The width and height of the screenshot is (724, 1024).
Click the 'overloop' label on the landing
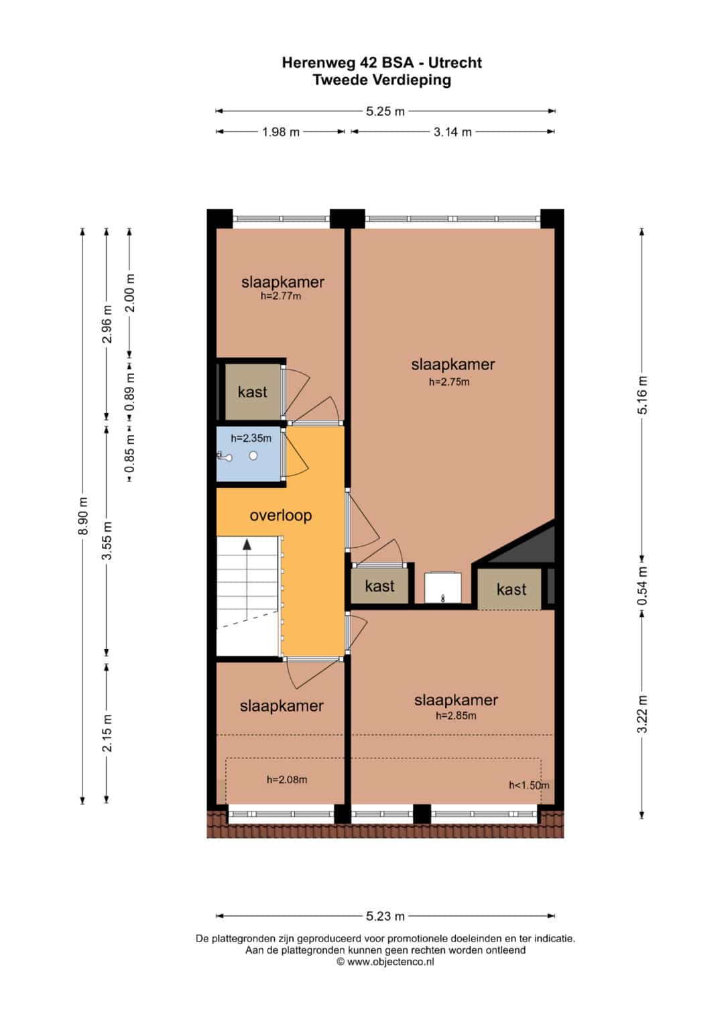281,516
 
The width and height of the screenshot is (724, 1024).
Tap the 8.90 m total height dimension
82,516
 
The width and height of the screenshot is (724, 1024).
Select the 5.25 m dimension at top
385,111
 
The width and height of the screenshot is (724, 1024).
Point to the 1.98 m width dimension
281,132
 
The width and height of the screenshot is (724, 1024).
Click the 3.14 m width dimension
452,132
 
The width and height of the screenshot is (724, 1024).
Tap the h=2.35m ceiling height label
251,439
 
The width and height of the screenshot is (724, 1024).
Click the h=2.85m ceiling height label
456,716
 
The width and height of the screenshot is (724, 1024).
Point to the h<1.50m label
530,785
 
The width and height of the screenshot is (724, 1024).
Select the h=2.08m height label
287,779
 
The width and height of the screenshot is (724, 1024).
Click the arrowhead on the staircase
247,544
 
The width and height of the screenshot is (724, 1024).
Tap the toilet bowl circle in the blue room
253,456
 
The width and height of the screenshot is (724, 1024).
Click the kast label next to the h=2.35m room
252,392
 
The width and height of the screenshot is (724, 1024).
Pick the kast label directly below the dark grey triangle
511,589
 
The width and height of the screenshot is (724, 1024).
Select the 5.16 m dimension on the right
642,395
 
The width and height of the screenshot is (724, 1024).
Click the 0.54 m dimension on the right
642,586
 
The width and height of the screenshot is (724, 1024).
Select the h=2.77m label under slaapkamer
281,296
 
